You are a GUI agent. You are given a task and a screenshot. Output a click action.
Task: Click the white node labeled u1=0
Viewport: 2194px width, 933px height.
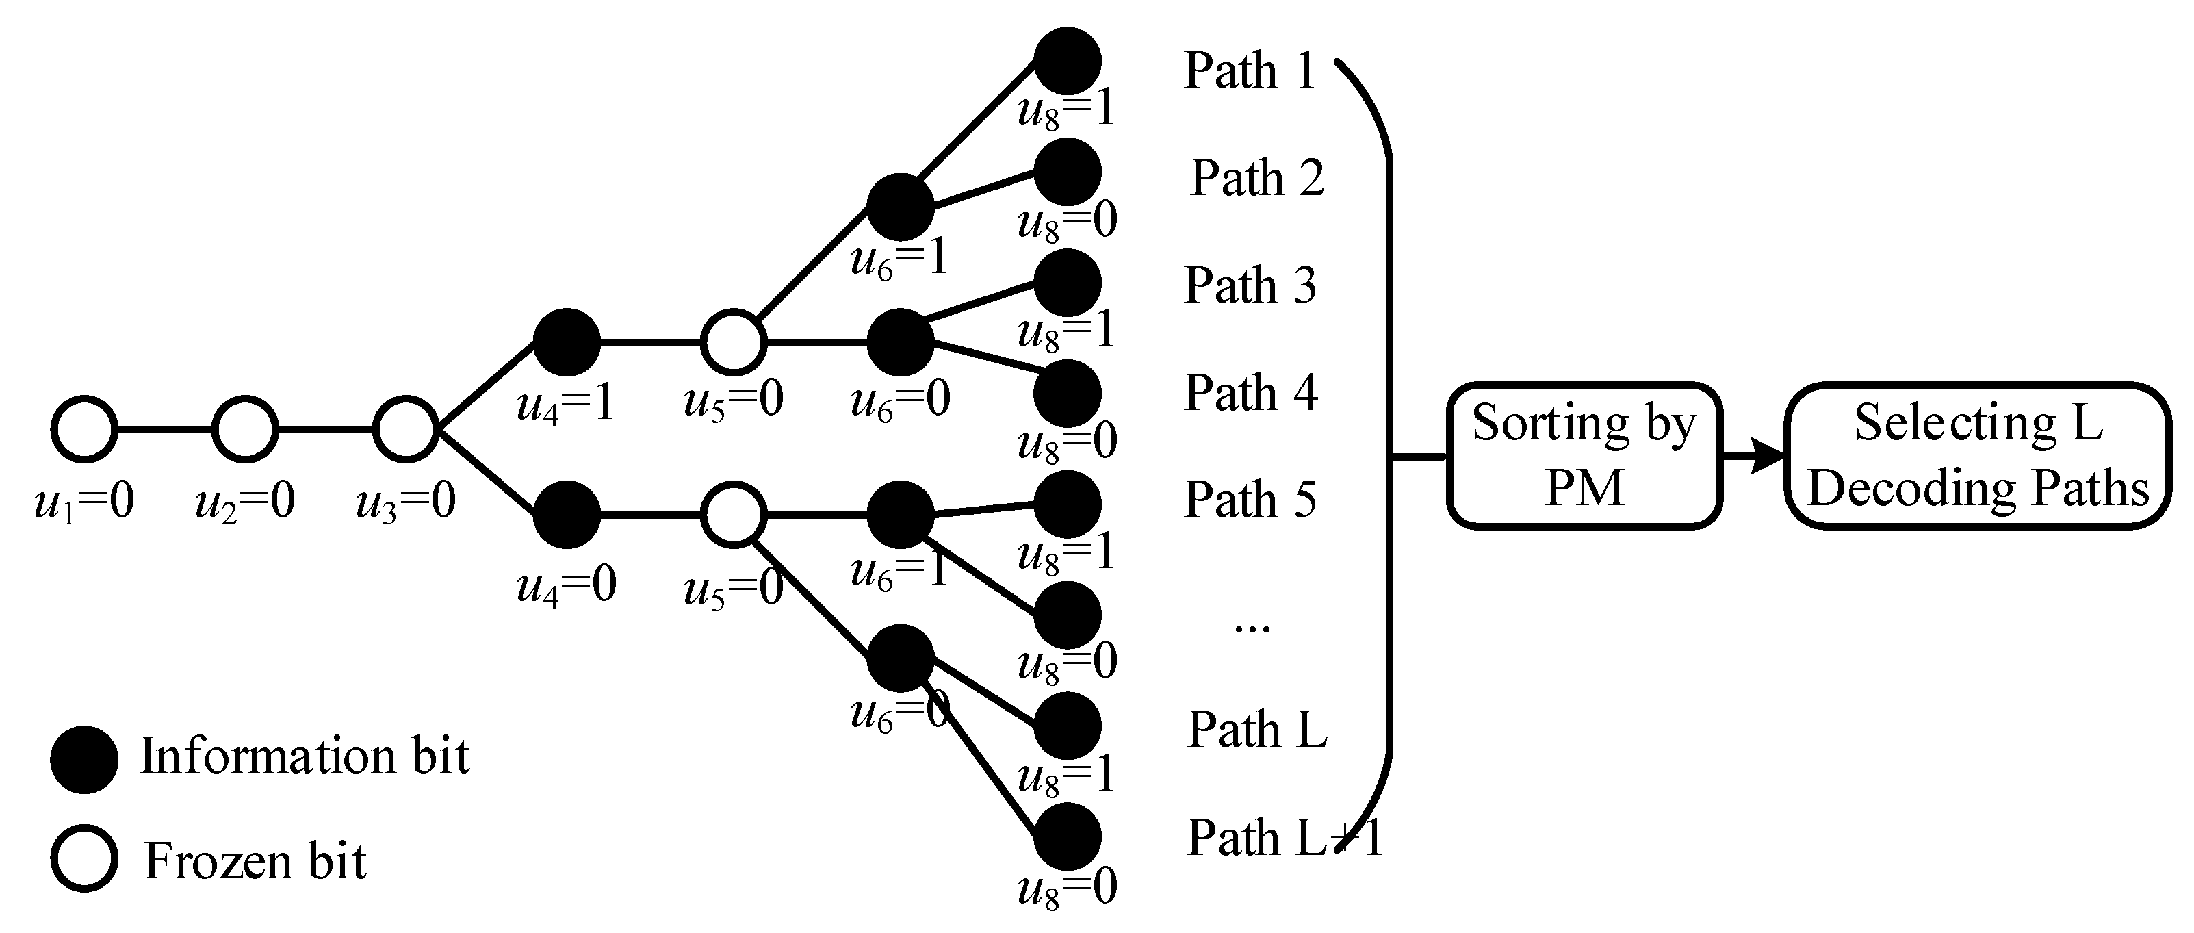pos(83,429)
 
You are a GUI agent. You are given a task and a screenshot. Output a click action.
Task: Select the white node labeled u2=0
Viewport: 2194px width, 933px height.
pos(244,429)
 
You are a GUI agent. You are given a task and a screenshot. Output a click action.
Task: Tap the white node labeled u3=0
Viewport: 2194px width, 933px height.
pos(405,429)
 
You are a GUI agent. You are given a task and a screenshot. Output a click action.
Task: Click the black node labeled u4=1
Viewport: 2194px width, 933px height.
pos(567,342)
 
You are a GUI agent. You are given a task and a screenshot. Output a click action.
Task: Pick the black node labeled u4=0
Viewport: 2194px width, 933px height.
pos(567,515)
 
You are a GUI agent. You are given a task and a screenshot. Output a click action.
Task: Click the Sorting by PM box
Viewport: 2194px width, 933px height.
pos(1584,456)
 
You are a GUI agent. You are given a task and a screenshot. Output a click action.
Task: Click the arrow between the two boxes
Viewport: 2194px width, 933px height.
pos(1753,457)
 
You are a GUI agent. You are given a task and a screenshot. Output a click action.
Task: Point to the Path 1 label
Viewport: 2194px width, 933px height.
pos(1250,70)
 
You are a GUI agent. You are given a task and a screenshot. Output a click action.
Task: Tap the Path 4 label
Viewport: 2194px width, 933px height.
pos(1250,393)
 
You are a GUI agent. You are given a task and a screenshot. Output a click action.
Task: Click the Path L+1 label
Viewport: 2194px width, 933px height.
pos(1282,839)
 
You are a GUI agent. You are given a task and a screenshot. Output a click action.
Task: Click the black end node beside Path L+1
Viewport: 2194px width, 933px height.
pos(1067,836)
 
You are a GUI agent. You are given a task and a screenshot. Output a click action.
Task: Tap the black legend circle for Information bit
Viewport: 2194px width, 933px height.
pos(83,759)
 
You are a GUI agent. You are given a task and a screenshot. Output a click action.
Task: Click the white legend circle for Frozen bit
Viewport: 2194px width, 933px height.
pos(83,859)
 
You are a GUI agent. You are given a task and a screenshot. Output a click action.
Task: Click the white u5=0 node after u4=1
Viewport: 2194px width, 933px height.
pos(734,342)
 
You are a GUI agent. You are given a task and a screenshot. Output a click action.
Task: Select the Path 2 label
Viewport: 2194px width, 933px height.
pos(1256,177)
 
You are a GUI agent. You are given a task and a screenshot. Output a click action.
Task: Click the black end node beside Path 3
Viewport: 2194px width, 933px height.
pos(1067,283)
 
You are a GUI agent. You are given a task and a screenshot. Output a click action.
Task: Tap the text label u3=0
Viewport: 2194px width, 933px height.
pos(405,501)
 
